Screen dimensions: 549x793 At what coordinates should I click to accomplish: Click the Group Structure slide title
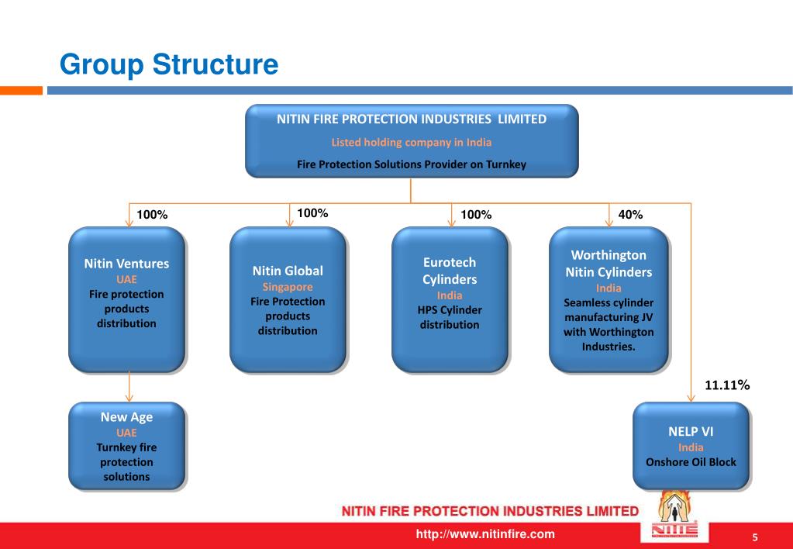click(x=169, y=64)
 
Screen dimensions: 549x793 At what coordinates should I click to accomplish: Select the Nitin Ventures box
click(x=126, y=299)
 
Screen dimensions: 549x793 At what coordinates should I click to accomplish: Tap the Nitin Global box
click(x=288, y=299)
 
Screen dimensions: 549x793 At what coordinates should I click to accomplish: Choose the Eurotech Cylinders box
click(x=450, y=299)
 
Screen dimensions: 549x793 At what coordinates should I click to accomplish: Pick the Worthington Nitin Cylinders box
click(x=609, y=299)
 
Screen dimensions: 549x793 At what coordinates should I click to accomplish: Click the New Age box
click(x=126, y=446)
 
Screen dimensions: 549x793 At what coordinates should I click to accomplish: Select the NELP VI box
click(x=691, y=446)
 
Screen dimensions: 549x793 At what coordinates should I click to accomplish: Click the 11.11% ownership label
click(x=726, y=385)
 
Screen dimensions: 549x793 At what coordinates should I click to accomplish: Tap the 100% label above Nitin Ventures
click(x=152, y=215)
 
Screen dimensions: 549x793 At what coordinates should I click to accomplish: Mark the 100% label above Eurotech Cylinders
click(x=475, y=215)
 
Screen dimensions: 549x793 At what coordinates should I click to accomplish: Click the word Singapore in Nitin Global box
click(x=288, y=287)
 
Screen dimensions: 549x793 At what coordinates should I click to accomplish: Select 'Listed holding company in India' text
click(x=412, y=143)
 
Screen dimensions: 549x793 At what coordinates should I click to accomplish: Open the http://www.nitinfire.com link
click(x=486, y=533)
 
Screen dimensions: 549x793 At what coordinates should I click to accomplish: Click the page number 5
click(x=753, y=537)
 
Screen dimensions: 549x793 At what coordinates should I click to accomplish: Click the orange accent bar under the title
click(x=21, y=91)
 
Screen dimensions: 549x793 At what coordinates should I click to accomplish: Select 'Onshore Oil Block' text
click(x=691, y=462)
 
